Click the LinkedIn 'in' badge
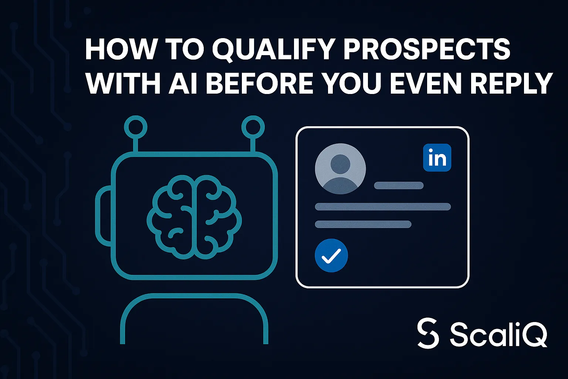[437, 158]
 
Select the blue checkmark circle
[331, 255]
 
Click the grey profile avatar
[340, 168]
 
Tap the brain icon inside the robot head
[194, 217]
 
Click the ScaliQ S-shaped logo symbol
[428, 333]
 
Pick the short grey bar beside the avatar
[399, 185]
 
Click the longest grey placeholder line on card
[383, 207]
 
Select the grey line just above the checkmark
[363, 224]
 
